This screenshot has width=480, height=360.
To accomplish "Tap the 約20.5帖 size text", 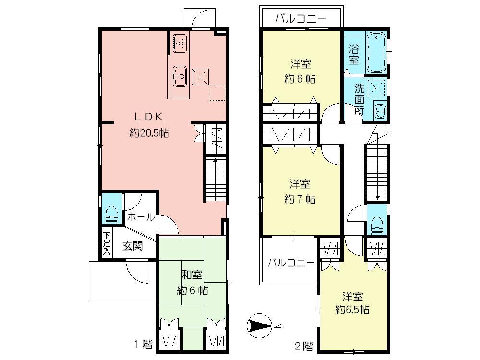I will tap(149, 133).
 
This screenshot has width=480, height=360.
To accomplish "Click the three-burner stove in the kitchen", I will tap(180, 43).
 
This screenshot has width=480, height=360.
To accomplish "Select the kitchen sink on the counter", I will tap(180, 75).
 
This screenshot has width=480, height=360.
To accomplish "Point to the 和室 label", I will tap(192, 275).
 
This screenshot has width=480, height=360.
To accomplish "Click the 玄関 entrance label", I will tap(132, 246).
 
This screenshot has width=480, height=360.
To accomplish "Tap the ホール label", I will tap(141, 217).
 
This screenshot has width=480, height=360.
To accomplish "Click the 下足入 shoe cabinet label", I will tap(106, 243).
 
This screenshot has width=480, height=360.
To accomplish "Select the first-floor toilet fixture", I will tap(112, 214).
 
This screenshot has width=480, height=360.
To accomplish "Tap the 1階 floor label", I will tap(144, 344).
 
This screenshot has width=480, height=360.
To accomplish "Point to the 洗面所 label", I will tap(359, 98).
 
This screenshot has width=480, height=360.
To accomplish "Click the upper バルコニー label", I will tap(300, 19).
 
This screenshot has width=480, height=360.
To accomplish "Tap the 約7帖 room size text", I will tap(300, 199).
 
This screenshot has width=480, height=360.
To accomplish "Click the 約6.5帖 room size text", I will tap(352, 310).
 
